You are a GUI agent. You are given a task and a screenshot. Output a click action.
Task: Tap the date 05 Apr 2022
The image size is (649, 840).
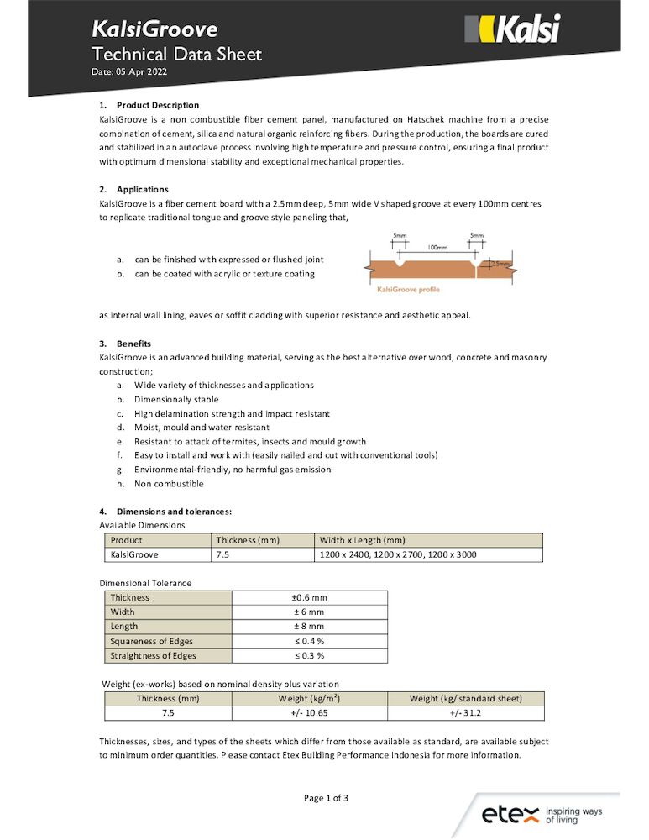pyautogui.click(x=129, y=73)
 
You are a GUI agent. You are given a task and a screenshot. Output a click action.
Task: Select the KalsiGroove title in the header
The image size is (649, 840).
pyautogui.click(x=154, y=30)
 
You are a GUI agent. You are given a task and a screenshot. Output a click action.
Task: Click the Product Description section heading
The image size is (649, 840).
pyautogui.click(x=158, y=105)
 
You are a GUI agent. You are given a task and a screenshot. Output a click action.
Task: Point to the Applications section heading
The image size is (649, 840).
pyautogui.click(x=142, y=189)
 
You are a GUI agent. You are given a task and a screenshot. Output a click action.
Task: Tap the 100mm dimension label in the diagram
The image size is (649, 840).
pyautogui.click(x=437, y=248)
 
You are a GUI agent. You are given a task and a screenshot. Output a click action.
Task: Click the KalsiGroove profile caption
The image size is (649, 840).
pyautogui.click(x=407, y=290)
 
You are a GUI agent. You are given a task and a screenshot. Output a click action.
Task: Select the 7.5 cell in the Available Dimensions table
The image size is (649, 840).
pyautogui.click(x=222, y=554)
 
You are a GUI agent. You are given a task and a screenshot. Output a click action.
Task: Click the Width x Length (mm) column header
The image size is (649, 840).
pyautogui.click(x=362, y=540)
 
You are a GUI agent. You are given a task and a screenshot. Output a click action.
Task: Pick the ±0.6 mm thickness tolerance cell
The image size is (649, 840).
pyautogui.click(x=309, y=597)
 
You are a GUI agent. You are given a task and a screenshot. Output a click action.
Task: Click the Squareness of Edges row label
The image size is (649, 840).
pyautogui.click(x=152, y=640)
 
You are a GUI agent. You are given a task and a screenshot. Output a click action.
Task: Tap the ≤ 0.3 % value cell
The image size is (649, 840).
pyautogui.click(x=309, y=655)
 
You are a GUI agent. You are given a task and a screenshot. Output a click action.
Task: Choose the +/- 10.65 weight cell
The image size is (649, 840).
pyautogui.click(x=309, y=712)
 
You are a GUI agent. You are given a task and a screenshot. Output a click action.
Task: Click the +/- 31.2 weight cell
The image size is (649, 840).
pyautogui.click(x=465, y=712)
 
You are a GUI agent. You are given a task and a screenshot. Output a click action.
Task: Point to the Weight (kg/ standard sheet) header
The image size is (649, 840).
pyautogui.click(x=465, y=698)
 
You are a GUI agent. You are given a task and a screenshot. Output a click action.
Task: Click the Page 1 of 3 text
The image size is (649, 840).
pyautogui.click(x=326, y=798)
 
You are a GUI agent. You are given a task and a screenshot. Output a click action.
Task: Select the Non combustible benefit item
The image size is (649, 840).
pyautogui.click(x=169, y=483)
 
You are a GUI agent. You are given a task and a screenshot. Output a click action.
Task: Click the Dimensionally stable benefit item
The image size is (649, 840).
pyautogui.click(x=175, y=399)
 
